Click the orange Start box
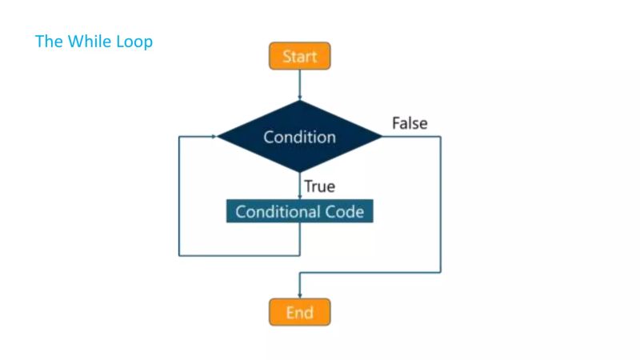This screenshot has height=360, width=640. click(x=299, y=57)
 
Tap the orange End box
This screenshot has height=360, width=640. click(x=299, y=312)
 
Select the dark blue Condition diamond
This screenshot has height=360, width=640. click(x=299, y=137)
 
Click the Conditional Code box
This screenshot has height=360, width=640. click(x=299, y=212)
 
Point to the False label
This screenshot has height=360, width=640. click(x=410, y=123)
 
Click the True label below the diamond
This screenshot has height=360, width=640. click(x=319, y=187)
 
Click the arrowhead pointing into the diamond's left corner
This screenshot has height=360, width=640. click(x=214, y=137)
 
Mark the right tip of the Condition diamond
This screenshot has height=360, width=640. click(x=382, y=137)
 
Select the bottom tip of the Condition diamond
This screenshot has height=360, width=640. click(x=299, y=172)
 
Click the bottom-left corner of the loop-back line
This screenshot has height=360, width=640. click(x=179, y=255)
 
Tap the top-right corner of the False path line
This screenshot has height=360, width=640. click(x=440, y=137)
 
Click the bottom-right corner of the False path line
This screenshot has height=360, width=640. click(x=440, y=273)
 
